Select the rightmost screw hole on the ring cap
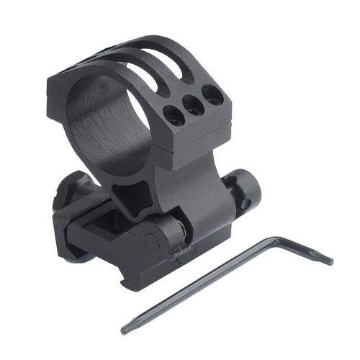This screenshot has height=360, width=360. [x=212, y=94]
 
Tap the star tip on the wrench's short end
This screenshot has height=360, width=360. [x=328, y=259]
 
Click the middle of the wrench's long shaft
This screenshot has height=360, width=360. [x=202, y=286]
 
